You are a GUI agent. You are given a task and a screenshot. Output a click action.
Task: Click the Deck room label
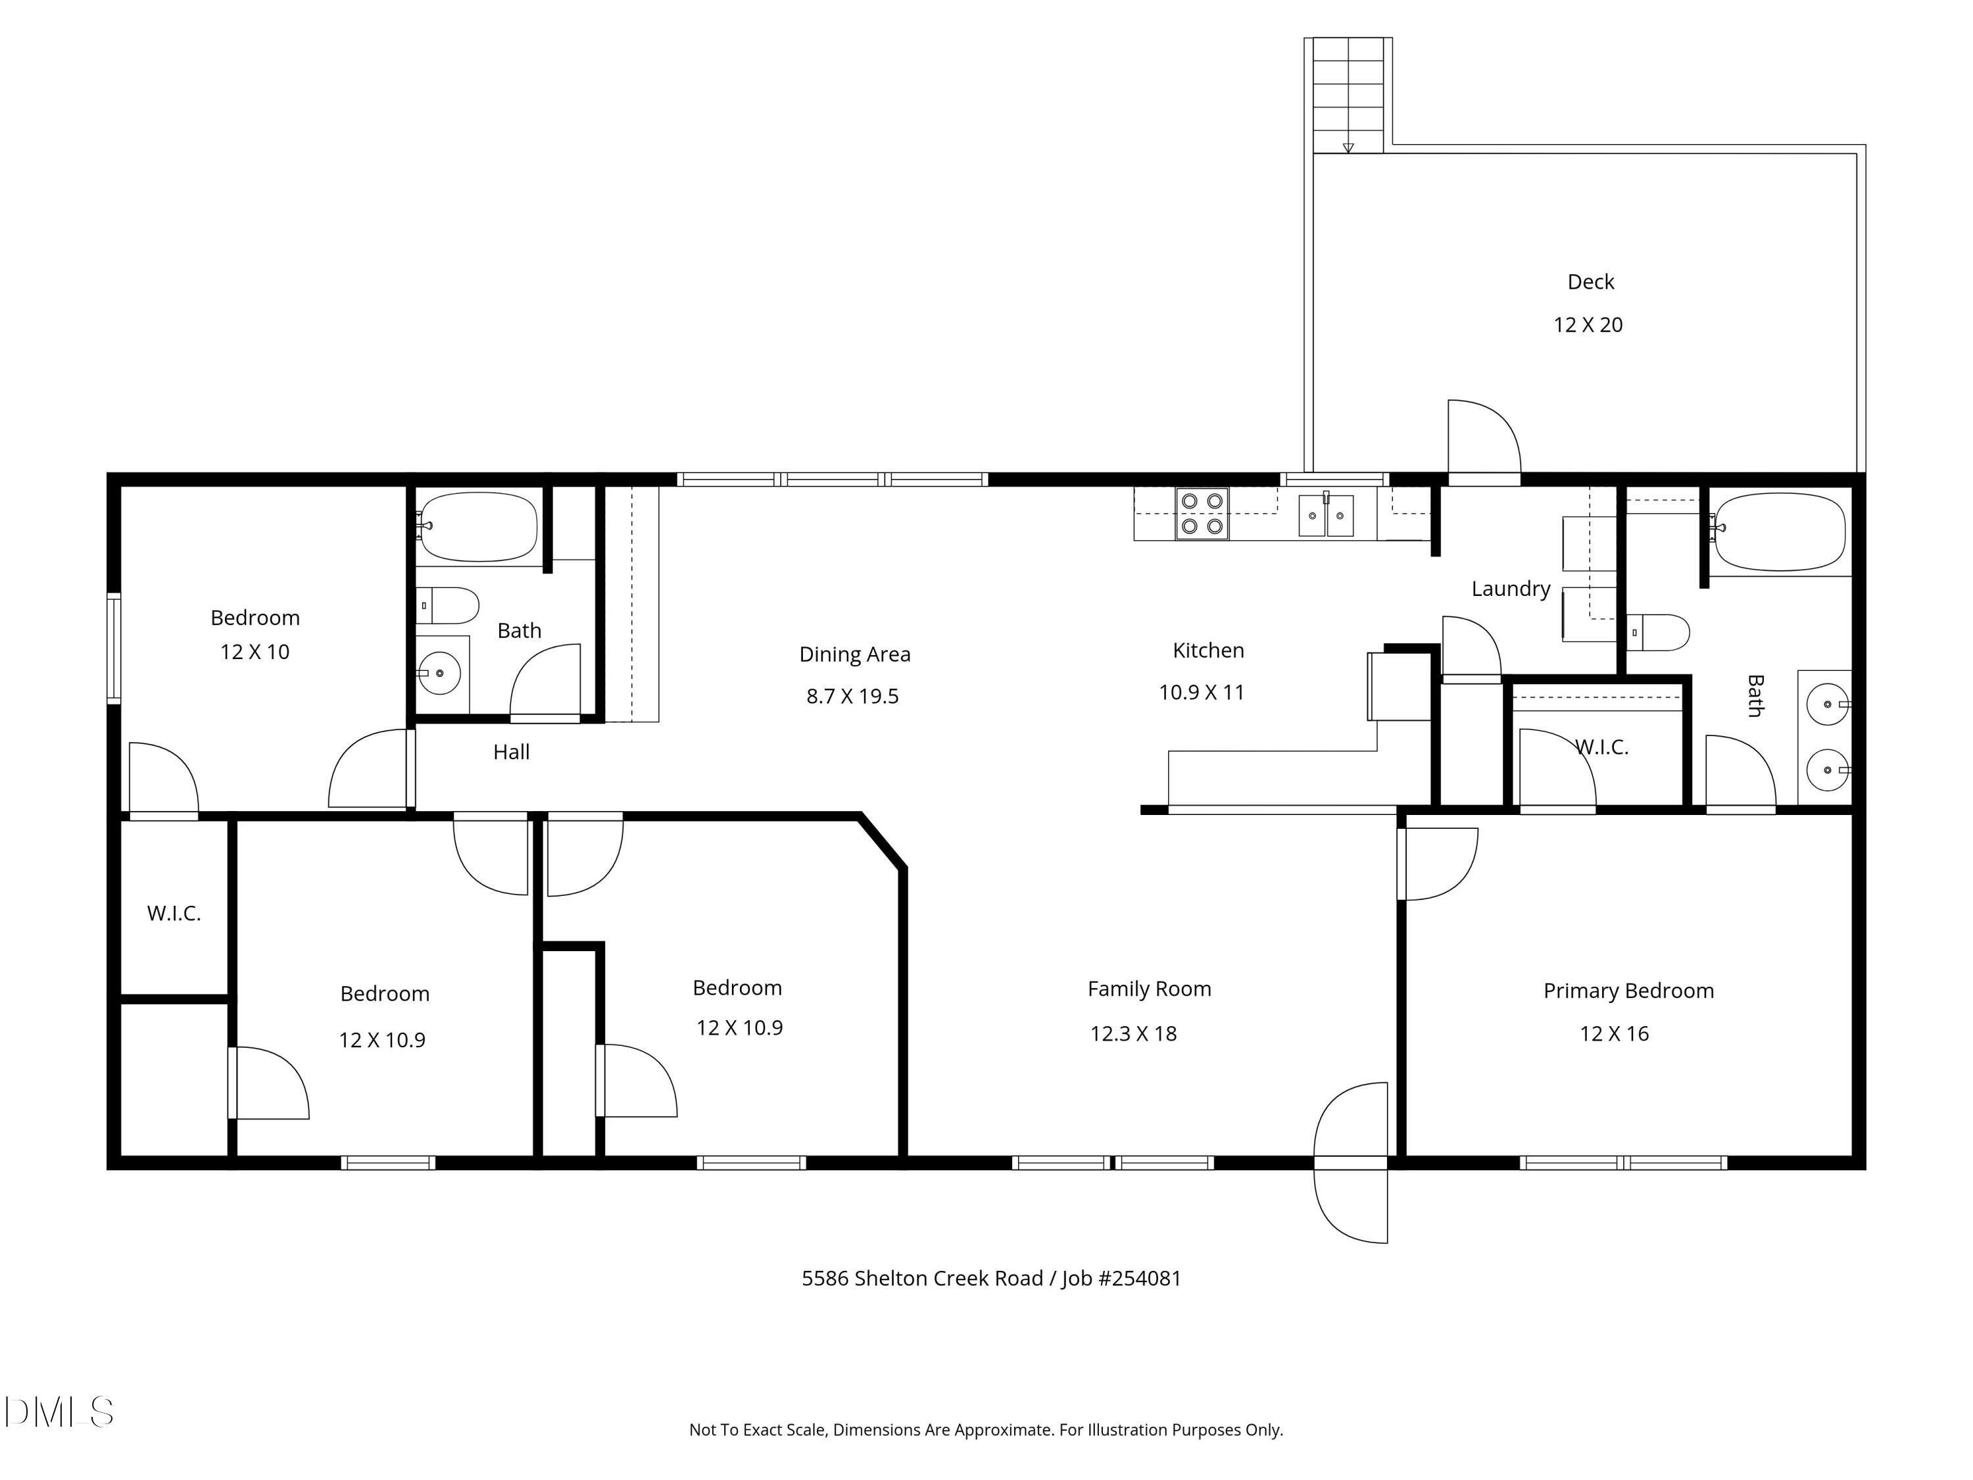coord(1590,282)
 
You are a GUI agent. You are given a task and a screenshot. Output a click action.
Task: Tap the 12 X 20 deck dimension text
coord(1588,325)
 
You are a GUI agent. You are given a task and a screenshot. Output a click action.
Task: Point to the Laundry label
coord(1510,589)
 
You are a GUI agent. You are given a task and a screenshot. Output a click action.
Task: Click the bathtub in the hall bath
coord(479,528)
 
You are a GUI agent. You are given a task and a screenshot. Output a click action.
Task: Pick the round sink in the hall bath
coord(439,674)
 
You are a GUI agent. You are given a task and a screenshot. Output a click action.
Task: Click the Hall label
coord(511,752)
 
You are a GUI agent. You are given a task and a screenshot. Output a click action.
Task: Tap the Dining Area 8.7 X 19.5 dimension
coord(852,697)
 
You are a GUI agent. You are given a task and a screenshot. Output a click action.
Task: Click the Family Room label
coord(1149,989)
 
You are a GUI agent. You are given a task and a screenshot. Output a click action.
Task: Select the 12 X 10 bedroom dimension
coord(255,652)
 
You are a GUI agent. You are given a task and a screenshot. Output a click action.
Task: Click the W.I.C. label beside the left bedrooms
coord(174,914)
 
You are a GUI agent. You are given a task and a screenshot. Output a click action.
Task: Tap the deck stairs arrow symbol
coord(1348,147)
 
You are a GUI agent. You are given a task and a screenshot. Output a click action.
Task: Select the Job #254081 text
coord(1121,1278)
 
